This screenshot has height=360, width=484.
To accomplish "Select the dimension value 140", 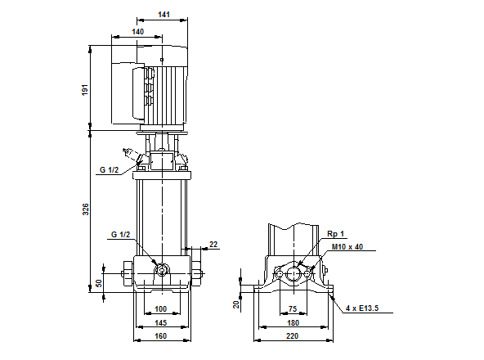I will point(137,31).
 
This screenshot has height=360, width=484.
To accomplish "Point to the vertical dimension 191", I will point(84,88).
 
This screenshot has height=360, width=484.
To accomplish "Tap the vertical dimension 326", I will point(84,209).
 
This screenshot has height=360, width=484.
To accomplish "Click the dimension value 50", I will point(100,282).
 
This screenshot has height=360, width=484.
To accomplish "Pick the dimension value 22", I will point(213,244).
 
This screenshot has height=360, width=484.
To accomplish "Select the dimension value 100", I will point(160,308).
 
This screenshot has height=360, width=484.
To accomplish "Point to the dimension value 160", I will point(160,335).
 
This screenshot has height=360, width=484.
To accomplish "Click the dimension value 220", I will point(294,335).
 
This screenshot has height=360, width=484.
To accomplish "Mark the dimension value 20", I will point(237,304).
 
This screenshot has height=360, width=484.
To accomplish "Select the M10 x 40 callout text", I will point(347,245).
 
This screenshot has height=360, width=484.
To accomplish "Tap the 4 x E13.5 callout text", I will point(362,308).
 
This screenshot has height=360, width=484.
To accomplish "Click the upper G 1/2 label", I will point(110,169).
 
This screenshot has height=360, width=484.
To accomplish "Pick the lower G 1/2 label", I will point(120,235).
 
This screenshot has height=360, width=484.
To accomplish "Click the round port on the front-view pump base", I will point(161,271).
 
